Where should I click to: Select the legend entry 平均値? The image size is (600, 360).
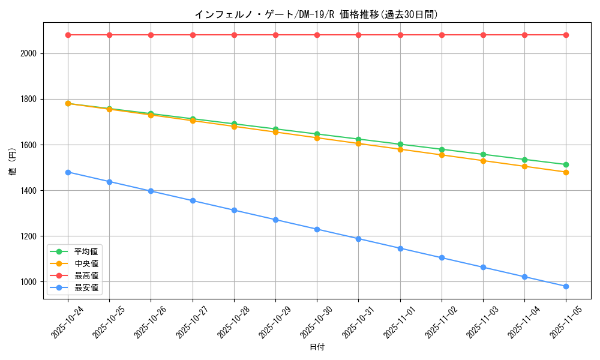pyautogui.click(x=86, y=251)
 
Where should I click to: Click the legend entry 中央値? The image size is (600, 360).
pyautogui.click(x=86, y=263)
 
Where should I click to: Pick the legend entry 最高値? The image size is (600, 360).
pyautogui.click(x=86, y=276)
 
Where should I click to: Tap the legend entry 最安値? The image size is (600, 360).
pyautogui.click(x=86, y=288)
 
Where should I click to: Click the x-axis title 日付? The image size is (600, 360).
pyautogui.click(x=316, y=347)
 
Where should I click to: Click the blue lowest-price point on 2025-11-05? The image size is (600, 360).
pyautogui.click(x=566, y=286)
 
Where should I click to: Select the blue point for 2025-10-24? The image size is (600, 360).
pyautogui.click(x=68, y=172)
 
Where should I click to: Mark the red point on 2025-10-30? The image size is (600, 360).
pyautogui.click(x=317, y=35)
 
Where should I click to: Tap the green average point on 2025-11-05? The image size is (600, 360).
pyautogui.click(x=566, y=164)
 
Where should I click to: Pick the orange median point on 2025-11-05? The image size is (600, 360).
pyautogui.click(x=566, y=172)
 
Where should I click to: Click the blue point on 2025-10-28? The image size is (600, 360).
pyautogui.click(x=234, y=210)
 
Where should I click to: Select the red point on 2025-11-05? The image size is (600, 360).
pyautogui.click(x=566, y=35)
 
